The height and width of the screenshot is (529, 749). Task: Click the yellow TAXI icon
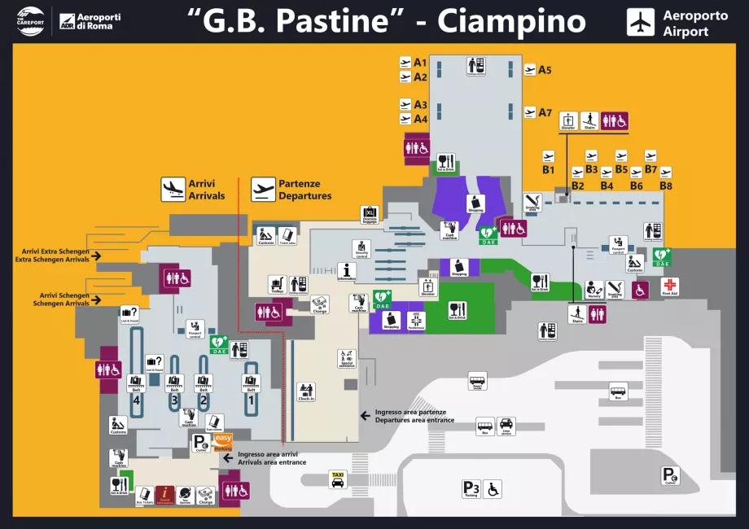click(337, 479)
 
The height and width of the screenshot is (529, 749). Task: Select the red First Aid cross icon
click(669, 286)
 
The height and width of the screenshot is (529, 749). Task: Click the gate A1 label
click(420, 63)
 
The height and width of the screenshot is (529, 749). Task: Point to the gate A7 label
click(545, 112)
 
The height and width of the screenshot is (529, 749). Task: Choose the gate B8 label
click(666, 186)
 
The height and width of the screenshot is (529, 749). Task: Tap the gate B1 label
click(549, 170)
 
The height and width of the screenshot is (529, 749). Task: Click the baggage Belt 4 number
click(137, 400)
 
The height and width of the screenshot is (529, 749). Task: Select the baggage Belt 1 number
click(252, 400)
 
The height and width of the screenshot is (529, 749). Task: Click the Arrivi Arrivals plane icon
click(173, 190)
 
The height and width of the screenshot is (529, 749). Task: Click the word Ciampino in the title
click(511, 22)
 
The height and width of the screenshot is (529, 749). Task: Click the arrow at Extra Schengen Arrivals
click(96, 256)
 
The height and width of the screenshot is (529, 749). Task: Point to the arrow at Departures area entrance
click(366, 416)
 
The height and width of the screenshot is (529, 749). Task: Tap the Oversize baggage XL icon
click(370, 214)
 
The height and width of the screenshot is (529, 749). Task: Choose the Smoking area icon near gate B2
click(533, 201)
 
